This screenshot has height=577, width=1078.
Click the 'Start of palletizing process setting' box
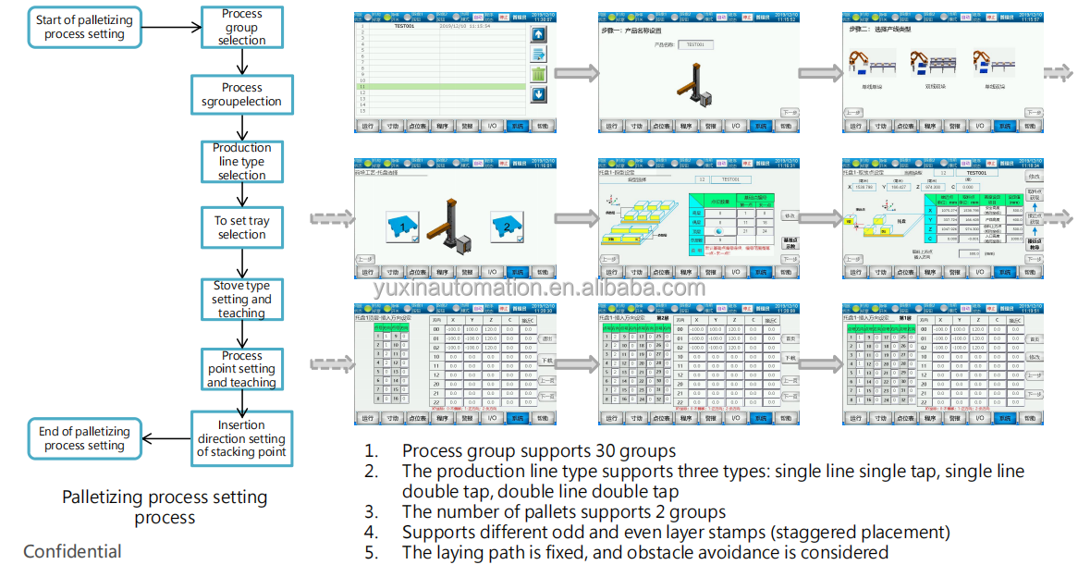pyautogui.click(x=84, y=27)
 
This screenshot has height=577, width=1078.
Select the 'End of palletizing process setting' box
pyautogui.click(x=84, y=438)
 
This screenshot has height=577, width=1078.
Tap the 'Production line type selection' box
pyautogui.click(x=241, y=161)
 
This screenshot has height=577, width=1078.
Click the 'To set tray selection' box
pyautogui.click(x=241, y=227)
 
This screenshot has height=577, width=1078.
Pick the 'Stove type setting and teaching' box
pyautogui.click(x=241, y=300)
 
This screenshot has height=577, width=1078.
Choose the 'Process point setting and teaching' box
pyautogui.click(x=241, y=369)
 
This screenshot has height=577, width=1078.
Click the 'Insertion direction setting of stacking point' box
pyautogui.click(x=241, y=439)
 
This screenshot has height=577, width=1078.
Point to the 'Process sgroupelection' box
pyautogui.click(x=241, y=94)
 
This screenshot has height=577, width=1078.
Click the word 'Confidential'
pyautogui.click(x=72, y=552)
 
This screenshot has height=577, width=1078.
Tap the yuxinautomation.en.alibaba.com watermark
pyautogui.click(x=539, y=288)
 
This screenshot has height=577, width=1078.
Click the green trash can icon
pyautogui.click(x=539, y=74)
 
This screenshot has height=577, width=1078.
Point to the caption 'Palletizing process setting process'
pyautogui.click(x=165, y=507)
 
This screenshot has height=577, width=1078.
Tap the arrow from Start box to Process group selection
pyautogui.click(x=172, y=27)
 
